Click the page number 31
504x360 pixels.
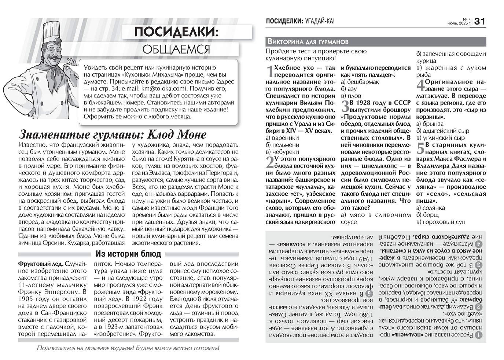coord(480,21)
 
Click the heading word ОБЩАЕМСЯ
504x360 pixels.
coord(176,49)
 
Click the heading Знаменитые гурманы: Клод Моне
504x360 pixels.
coord(112,134)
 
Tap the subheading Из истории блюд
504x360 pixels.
coord(128,254)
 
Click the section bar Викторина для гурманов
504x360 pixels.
coord(308,41)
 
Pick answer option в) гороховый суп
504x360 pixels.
coord(441,222)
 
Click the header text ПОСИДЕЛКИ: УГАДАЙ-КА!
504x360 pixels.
coord(300,21)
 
